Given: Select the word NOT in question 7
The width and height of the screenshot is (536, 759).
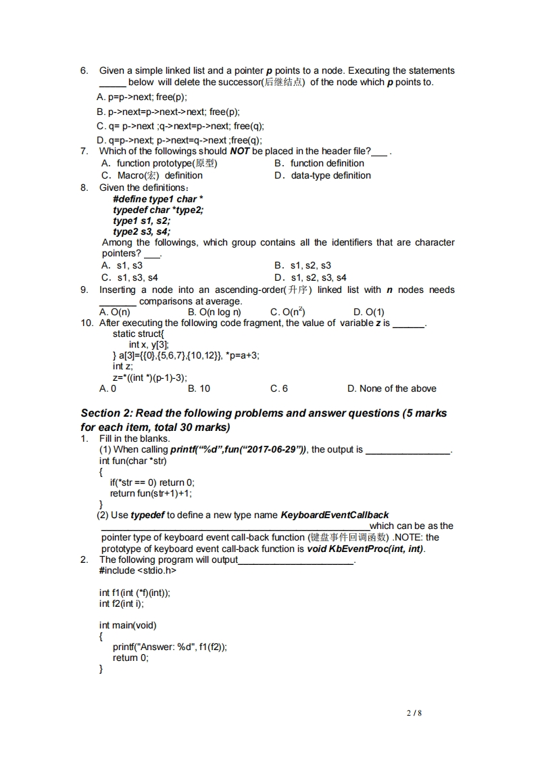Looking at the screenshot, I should (240, 151).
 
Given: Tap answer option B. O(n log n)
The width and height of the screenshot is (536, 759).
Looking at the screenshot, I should (214, 312).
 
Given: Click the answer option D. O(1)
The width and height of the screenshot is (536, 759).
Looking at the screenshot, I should (368, 312).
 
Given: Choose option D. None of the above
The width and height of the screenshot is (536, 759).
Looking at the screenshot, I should (391, 388).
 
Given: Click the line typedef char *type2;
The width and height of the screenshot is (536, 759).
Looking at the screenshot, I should (158, 210).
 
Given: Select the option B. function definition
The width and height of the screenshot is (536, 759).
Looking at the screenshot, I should (319, 163).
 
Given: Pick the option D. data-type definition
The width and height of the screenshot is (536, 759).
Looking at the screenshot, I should (322, 175).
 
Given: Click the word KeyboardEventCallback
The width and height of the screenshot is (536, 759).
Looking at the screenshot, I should (334, 515).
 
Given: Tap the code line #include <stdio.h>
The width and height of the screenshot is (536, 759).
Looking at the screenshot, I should (138, 570).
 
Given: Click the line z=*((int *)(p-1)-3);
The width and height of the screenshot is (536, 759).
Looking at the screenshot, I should (150, 377).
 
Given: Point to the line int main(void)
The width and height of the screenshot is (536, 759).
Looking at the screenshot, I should (128, 625).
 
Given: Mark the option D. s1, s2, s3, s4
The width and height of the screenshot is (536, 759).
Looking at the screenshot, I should (310, 277).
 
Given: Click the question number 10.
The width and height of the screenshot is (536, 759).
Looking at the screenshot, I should (87, 323).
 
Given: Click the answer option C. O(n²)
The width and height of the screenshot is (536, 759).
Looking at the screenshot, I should (287, 312).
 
